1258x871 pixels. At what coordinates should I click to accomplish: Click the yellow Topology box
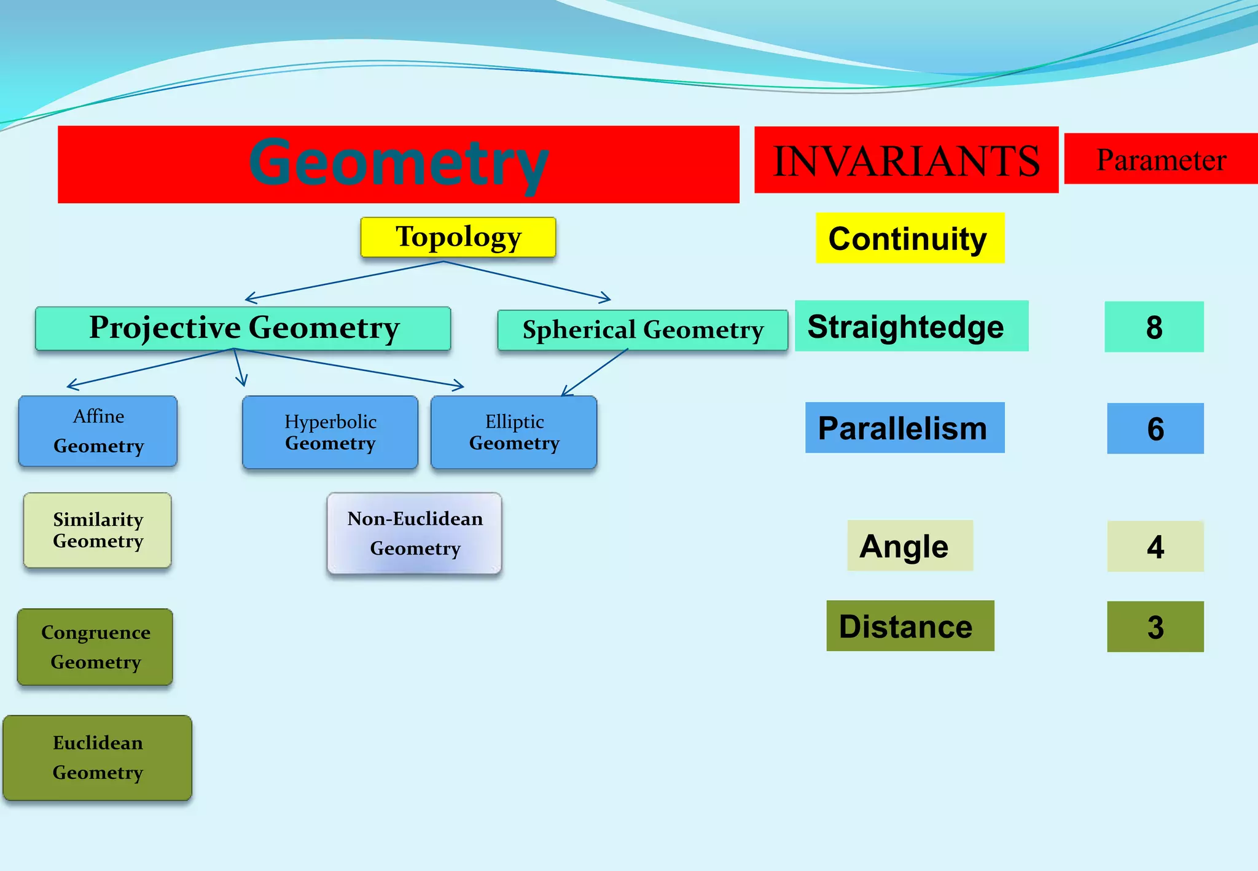(458, 237)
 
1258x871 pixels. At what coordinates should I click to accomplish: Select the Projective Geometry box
(243, 329)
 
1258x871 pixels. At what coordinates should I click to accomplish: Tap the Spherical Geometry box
(643, 330)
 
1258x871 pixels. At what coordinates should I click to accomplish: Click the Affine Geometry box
(98, 431)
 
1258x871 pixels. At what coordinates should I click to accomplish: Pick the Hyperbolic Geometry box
(330, 432)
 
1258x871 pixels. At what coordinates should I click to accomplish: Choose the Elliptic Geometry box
(514, 432)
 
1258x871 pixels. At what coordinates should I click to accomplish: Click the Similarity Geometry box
(98, 530)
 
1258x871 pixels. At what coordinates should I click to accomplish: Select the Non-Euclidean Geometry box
(415, 533)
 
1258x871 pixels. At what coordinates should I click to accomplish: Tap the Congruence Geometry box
(95, 647)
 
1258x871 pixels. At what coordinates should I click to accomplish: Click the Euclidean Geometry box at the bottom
(98, 757)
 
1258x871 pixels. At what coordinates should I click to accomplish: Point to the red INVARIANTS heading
(906, 160)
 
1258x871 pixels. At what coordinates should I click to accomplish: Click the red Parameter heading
(1161, 159)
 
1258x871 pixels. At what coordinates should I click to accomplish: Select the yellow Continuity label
(910, 238)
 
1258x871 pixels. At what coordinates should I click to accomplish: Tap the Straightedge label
(912, 326)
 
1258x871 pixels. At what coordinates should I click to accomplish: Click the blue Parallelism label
(905, 428)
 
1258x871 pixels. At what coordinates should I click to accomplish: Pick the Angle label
(910, 546)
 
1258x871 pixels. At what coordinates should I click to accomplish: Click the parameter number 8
(1154, 327)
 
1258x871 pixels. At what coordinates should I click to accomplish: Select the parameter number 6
(1155, 429)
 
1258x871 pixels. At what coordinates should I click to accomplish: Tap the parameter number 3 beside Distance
(1155, 627)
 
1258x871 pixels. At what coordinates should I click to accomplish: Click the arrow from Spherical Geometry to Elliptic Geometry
(595, 372)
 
